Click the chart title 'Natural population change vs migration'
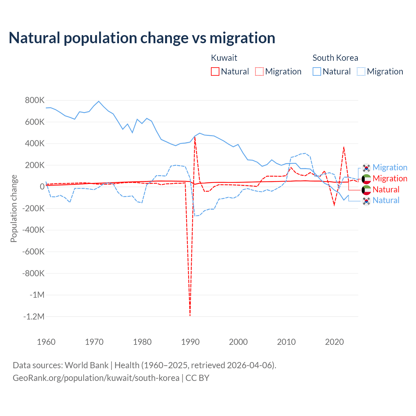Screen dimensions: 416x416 coord(142,38)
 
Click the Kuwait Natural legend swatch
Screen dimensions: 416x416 coord(215,71)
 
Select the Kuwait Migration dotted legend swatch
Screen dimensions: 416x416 coord(259,71)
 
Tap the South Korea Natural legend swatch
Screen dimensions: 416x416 coord(317,71)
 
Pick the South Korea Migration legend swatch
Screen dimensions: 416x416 coord(361,71)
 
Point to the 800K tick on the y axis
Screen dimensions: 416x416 coord(35,100)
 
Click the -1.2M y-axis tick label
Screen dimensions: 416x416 coord(34,317)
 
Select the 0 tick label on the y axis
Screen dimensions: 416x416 coord(42,187)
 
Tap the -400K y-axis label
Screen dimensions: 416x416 coord(33,230)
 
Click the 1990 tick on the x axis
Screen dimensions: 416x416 coord(190,342)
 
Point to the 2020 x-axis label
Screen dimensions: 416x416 coord(334,342)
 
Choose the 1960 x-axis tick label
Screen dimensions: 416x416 coord(46,342)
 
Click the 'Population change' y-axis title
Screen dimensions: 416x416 coord(14,209)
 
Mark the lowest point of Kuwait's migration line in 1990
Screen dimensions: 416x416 coord(190,315)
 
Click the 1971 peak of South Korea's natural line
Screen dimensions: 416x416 coord(99,101)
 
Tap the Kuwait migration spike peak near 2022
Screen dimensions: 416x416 coord(344,147)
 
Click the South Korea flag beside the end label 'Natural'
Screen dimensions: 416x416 coord(366,201)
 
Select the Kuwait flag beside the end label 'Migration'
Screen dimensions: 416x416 coord(366,179)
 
